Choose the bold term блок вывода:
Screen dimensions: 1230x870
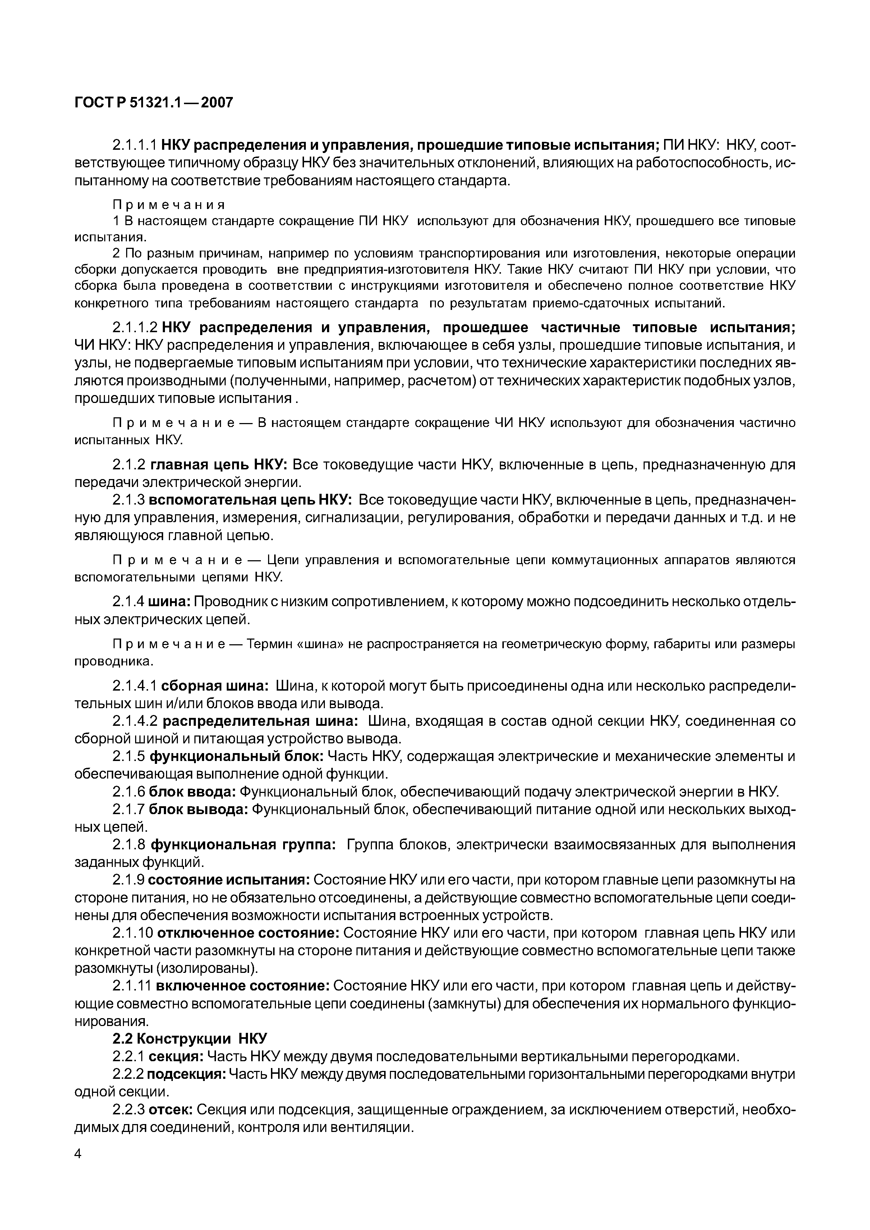198,809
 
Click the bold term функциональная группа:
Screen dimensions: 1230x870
243,845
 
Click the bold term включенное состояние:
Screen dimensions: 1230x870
243,986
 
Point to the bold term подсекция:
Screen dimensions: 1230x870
186,1074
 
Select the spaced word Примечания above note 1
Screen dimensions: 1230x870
168,205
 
